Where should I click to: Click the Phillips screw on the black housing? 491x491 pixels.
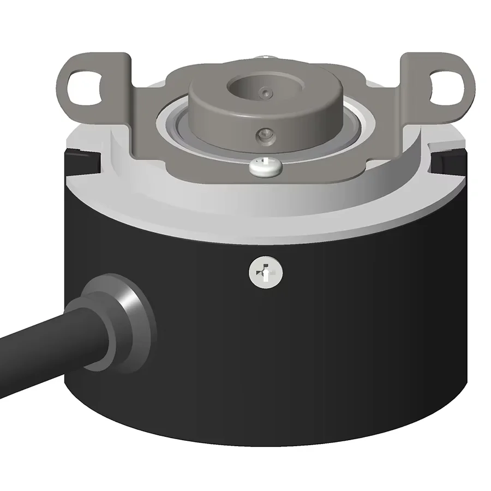tap(266, 272)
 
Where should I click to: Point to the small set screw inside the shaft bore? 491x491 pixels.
tap(265, 93)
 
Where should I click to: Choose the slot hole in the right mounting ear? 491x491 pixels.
tap(445, 86)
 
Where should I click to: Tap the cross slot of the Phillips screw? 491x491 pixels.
tap(266, 272)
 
